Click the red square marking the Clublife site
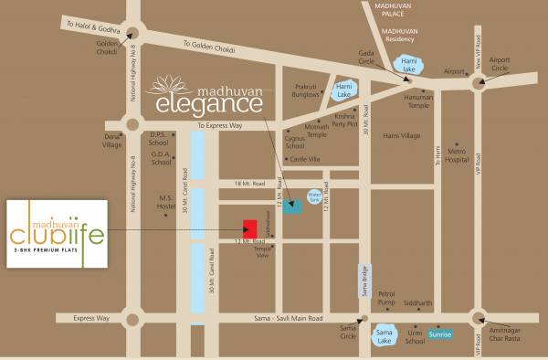pos(248,228)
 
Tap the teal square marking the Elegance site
pos(292,206)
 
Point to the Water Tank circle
pos(315,196)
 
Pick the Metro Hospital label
pos(457,154)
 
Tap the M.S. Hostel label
pos(166,201)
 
